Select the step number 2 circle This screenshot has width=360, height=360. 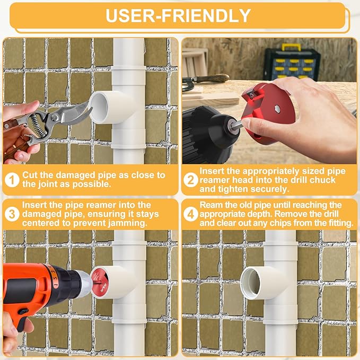[x=190, y=179]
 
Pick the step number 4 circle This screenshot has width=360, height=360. [x=190, y=214]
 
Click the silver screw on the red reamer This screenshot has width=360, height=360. [x=277, y=109]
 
